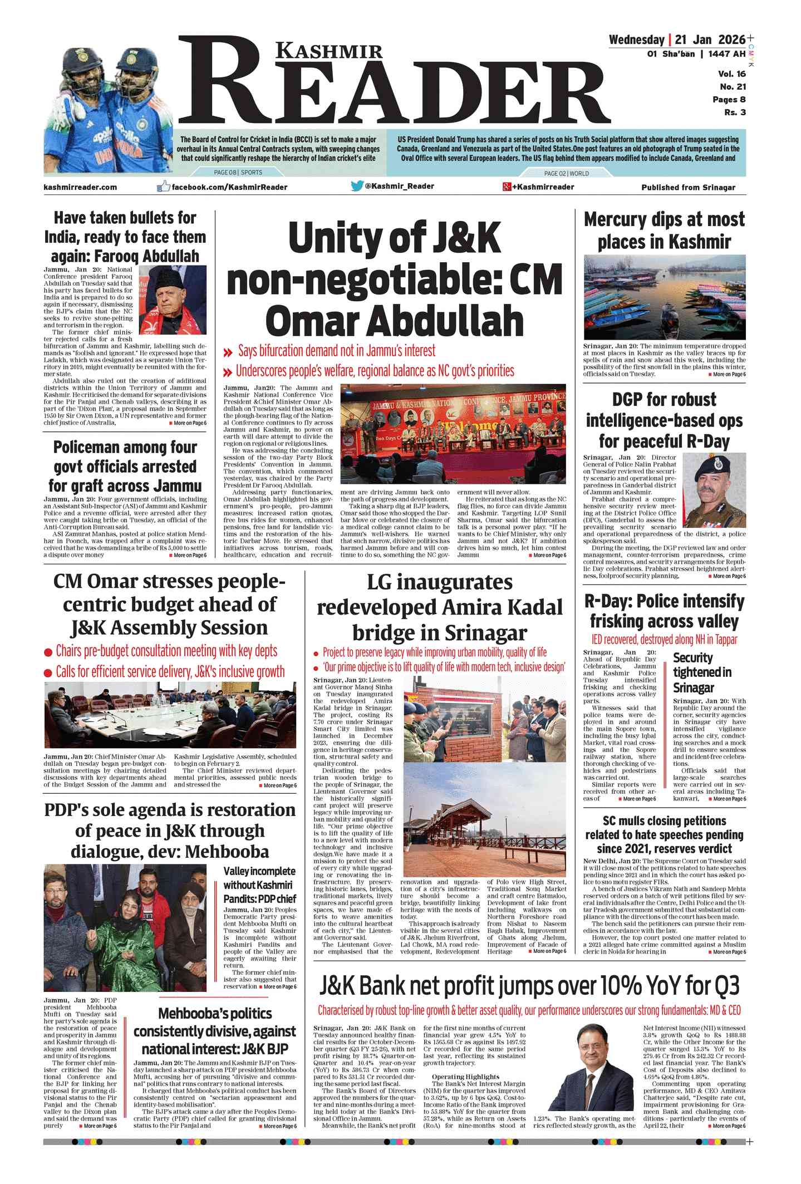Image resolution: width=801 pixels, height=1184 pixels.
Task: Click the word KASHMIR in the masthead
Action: click(x=329, y=52)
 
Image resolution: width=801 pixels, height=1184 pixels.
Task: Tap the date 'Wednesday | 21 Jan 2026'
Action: click(x=676, y=40)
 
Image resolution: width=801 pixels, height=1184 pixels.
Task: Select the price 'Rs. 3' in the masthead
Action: click(x=735, y=112)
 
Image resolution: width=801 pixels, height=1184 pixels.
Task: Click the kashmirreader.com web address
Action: click(x=80, y=187)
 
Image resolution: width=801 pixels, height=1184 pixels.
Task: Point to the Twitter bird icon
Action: click(x=357, y=186)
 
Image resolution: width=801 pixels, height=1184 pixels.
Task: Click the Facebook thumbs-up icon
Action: click(x=163, y=186)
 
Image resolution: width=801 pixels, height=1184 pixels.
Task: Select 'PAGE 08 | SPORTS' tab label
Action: click(x=238, y=173)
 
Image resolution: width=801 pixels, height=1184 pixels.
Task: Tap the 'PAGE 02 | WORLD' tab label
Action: click(x=566, y=173)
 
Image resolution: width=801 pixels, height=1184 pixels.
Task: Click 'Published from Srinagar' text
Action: click(x=688, y=188)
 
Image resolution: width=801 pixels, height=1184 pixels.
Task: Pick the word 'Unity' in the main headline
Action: click(x=334, y=238)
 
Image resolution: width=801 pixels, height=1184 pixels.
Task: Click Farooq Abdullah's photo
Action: click(x=172, y=299)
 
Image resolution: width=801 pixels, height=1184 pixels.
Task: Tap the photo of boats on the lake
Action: click(x=664, y=297)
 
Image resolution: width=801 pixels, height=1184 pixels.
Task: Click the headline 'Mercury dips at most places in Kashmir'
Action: click(x=664, y=230)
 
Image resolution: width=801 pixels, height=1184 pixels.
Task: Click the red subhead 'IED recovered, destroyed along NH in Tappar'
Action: click(x=664, y=640)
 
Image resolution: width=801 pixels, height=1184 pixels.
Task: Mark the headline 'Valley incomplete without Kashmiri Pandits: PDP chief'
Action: click(x=259, y=885)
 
